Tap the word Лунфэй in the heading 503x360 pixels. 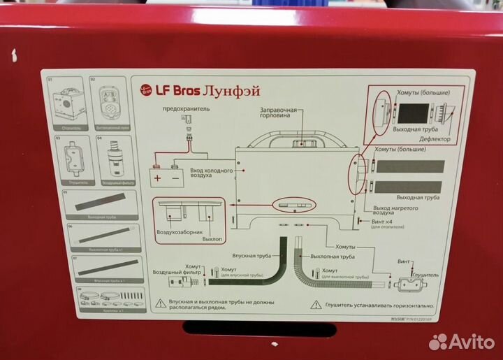tap(224, 90)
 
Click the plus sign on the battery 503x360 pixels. tap(157, 178)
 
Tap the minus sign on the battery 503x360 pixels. tap(175, 178)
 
